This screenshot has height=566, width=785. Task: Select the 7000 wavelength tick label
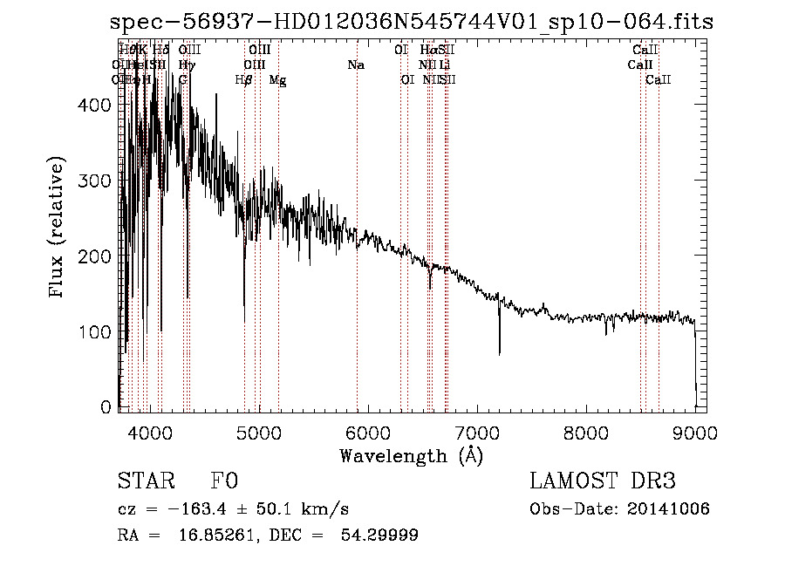coord(476,432)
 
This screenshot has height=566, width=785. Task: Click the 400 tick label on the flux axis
coord(99,105)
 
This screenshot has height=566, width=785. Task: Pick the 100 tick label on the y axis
coord(99,332)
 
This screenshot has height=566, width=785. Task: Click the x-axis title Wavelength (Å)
coord(411,455)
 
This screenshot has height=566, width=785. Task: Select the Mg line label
coord(277,80)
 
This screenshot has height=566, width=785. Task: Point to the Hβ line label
coord(244,80)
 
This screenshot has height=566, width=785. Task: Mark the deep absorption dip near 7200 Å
coord(499,349)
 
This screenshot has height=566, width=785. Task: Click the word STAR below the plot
coord(146,481)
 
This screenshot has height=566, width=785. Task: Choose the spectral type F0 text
coord(224,481)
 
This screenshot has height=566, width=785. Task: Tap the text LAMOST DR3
coord(603,481)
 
